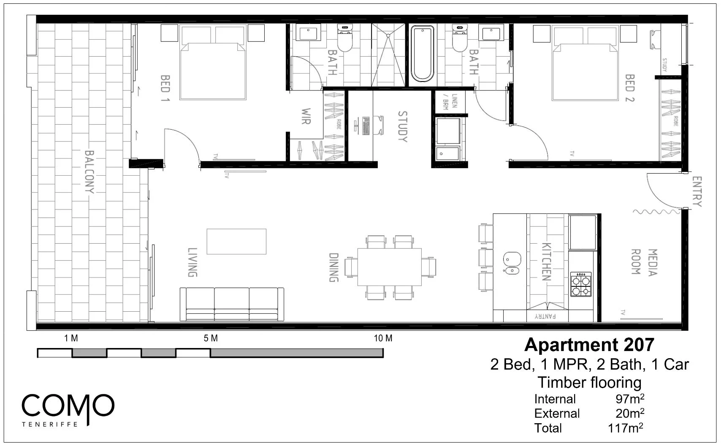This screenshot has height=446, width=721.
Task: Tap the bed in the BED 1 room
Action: [213, 68]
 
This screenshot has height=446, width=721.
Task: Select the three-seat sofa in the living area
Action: [232, 304]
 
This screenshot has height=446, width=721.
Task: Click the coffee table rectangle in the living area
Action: [236, 242]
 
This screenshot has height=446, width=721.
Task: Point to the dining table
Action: [389, 267]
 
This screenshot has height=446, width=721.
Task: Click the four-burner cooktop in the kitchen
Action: [581, 284]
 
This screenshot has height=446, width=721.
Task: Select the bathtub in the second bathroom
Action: [422, 54]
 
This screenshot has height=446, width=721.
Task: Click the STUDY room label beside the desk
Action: [402, 126]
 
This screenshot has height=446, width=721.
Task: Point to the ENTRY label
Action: [697, 192]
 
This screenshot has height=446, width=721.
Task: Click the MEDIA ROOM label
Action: [644, 262]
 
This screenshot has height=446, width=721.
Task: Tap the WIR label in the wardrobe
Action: [306, 116]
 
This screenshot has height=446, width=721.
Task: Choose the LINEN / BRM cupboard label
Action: [449, 102]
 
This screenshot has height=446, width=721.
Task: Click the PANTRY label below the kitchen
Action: [545, 316]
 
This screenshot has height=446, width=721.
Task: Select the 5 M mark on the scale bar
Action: [211, 338]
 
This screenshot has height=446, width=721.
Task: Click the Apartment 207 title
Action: [589, 345]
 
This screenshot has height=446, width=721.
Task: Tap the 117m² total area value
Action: [625, 428]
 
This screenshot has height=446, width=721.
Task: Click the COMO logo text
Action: [68, 406]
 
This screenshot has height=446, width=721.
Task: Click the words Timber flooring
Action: [589, 383]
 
